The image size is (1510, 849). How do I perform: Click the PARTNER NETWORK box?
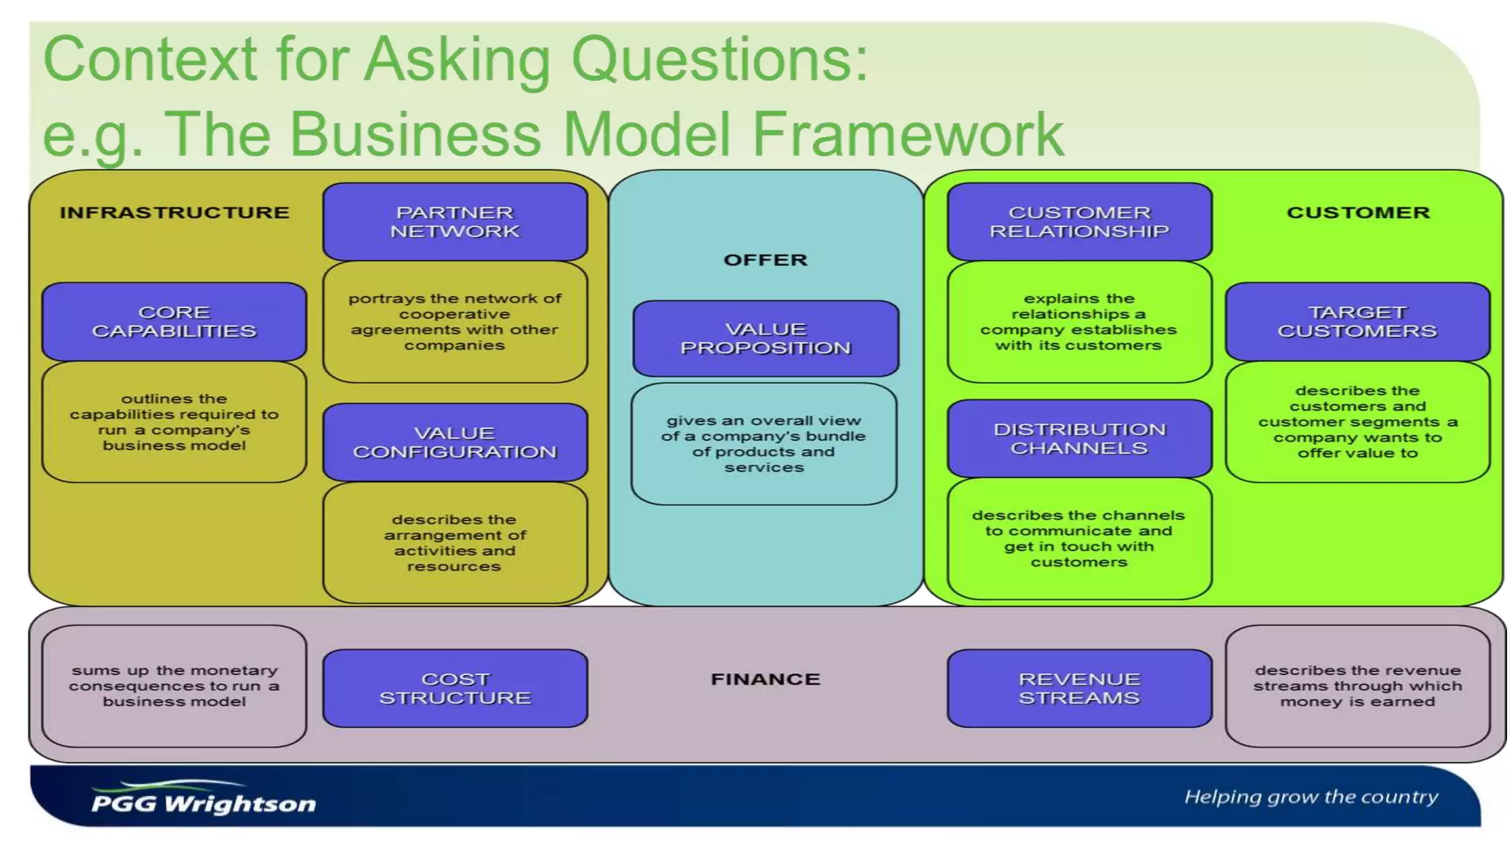coord(455,222)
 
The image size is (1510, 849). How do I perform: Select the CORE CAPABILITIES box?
coord(174,321)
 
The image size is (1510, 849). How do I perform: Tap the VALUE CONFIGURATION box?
coord(455,442)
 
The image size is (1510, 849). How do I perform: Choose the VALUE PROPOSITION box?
coord(765,338)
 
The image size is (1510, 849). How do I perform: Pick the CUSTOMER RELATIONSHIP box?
coord(1079,222)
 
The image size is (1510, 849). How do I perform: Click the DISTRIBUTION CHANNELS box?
coord(1079,439)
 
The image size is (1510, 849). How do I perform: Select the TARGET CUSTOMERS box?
coord(1357,321)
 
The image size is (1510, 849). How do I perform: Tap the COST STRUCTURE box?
coord(455,688)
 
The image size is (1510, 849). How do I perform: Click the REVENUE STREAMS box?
coord(1079,688)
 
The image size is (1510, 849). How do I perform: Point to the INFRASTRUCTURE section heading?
coord(175,212)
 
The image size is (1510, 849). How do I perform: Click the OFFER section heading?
coord(765,259)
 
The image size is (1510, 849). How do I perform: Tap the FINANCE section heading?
coord(765,679)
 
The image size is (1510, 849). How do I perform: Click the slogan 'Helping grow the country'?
coord(1311,797)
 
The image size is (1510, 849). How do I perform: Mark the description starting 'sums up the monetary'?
coord(174,686)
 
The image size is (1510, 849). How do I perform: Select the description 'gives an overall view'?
coord(764,444)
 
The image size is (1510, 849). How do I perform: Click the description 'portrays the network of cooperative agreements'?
coord(455,321)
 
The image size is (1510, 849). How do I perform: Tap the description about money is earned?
coord(1357,686)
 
